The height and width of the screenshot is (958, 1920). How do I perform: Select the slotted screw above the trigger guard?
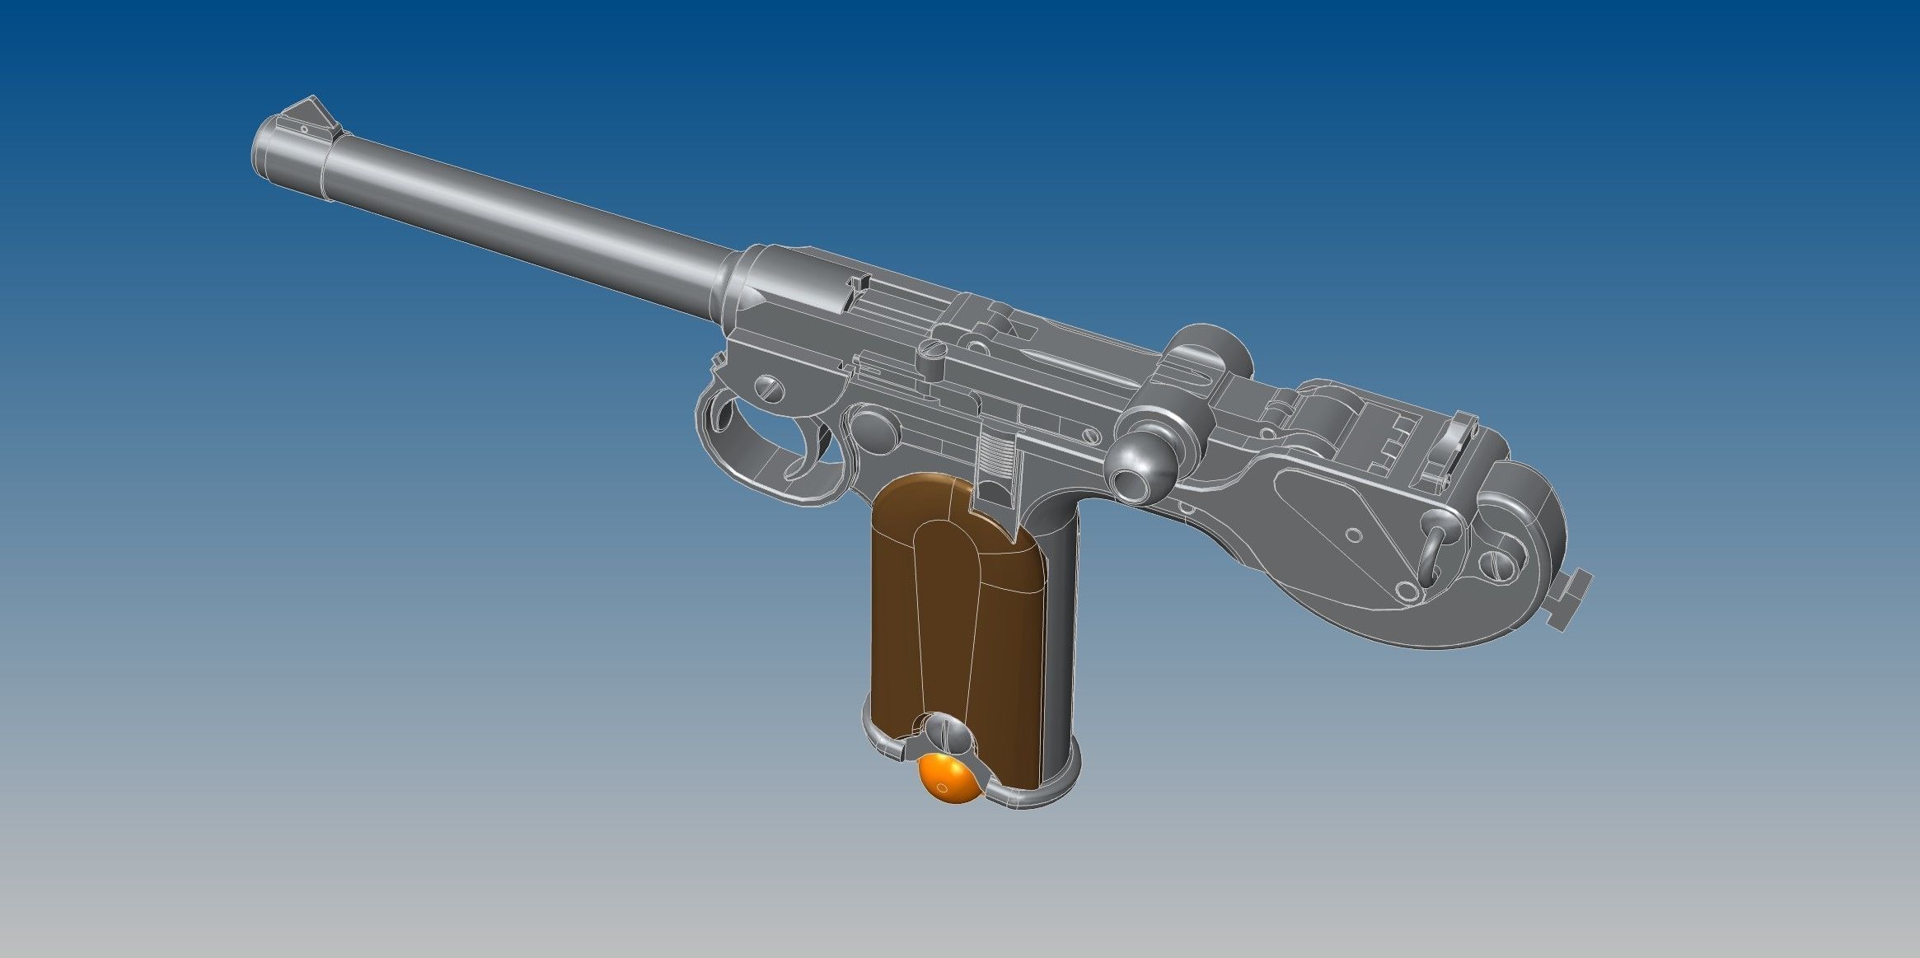point(768,386)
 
